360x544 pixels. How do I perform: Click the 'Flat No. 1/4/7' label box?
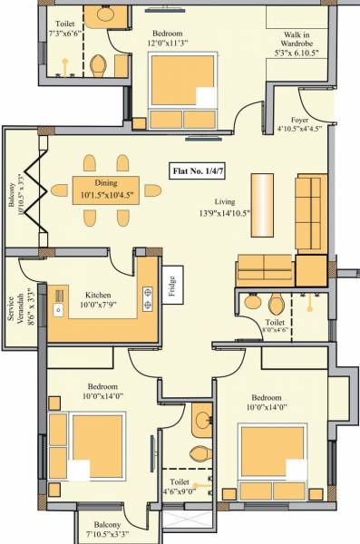click(x=201, y=170)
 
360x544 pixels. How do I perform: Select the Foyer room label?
click(x=300, y=119)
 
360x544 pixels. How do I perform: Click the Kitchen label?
click(x=99, y=295)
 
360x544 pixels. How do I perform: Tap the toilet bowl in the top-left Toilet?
click(x=100, y=66)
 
